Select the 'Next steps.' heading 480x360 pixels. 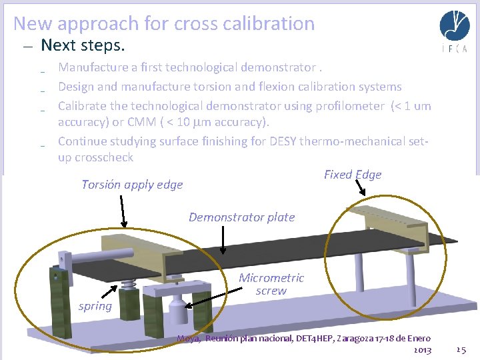tap(83, 45)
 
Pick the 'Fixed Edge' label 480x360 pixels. tap(353, 175)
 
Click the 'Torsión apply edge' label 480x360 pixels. tap(132, 185)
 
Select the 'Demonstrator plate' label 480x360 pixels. tap(241, 217)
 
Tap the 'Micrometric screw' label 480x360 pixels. tap(271, 284)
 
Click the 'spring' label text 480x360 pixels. tap(95, 306)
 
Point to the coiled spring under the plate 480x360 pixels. tap(129, 288)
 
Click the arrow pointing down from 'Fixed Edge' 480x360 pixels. tap(363, 189)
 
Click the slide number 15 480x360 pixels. tap(461, 349)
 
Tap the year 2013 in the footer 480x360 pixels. tap(422, 349)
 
